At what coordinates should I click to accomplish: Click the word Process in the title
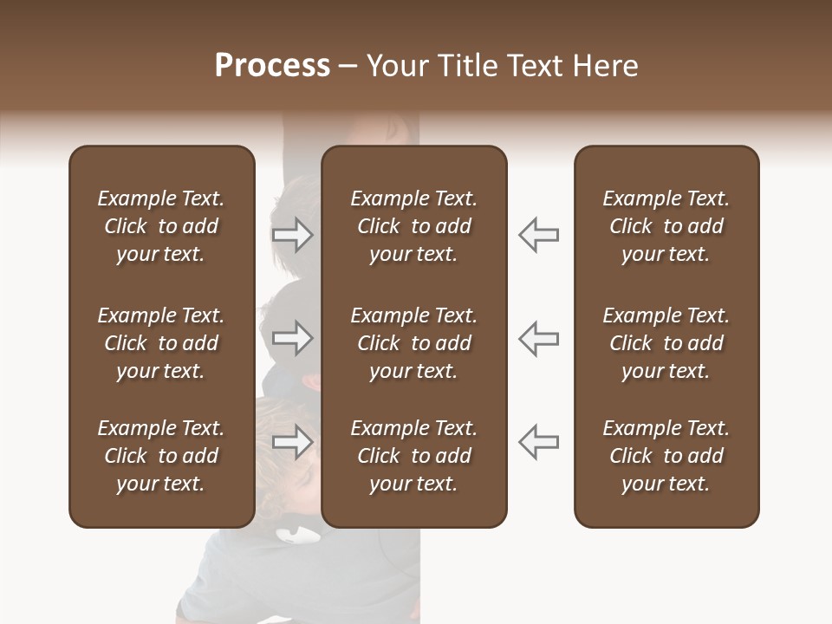click(272, 66)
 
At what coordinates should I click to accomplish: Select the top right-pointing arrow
click(293, 234)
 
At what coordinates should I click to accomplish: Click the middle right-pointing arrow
click(293, 338)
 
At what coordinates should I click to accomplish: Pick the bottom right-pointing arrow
click(293, 442)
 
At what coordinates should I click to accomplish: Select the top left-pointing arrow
click(538, 234)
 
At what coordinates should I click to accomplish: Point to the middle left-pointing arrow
click(538, 338)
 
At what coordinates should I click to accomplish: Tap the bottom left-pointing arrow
click(538, 442)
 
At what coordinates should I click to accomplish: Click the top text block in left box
click(161, 226)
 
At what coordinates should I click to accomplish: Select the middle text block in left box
click(161, 343)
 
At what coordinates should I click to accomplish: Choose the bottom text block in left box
click(161, 456)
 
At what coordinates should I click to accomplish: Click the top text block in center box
click(413, 226)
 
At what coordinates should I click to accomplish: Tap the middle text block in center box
click(413, 343)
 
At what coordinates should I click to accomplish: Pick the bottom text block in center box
click(413, 456)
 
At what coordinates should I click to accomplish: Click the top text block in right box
click(666, 226)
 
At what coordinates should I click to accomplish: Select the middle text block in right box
click(666, 343)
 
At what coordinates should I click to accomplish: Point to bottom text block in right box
click(666, 456)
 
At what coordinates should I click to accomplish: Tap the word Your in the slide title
click(394, 66)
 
